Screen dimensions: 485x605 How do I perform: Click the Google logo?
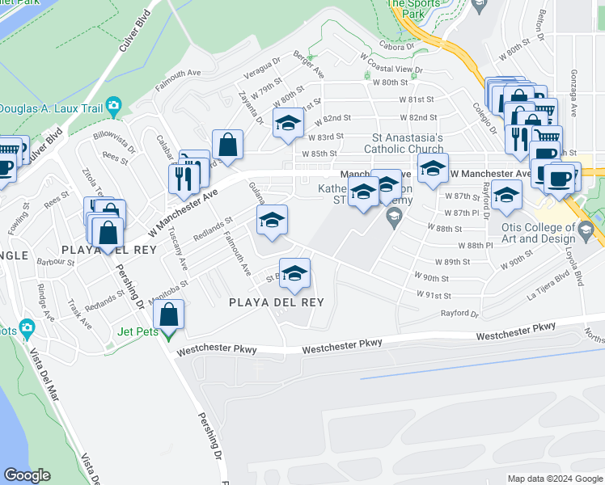coord(27,475)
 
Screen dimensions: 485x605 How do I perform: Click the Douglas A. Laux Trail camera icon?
coord(113,105)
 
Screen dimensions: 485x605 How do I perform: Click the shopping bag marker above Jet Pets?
coord(169,314)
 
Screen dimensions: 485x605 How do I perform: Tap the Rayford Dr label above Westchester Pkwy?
coord(459,314)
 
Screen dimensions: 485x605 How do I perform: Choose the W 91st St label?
coord(434,296)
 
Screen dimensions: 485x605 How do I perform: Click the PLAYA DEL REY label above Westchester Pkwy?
coord(276,303)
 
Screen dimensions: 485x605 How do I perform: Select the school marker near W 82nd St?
coord(287,124)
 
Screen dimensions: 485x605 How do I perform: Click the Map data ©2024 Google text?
coord(554,478)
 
